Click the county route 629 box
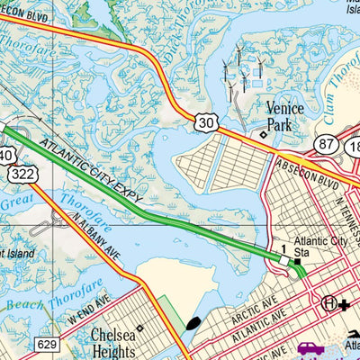[x=49, y=344]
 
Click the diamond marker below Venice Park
[x=263, y=136]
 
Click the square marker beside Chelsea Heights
[x=138, y=328]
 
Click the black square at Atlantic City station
[x=296, y=261]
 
